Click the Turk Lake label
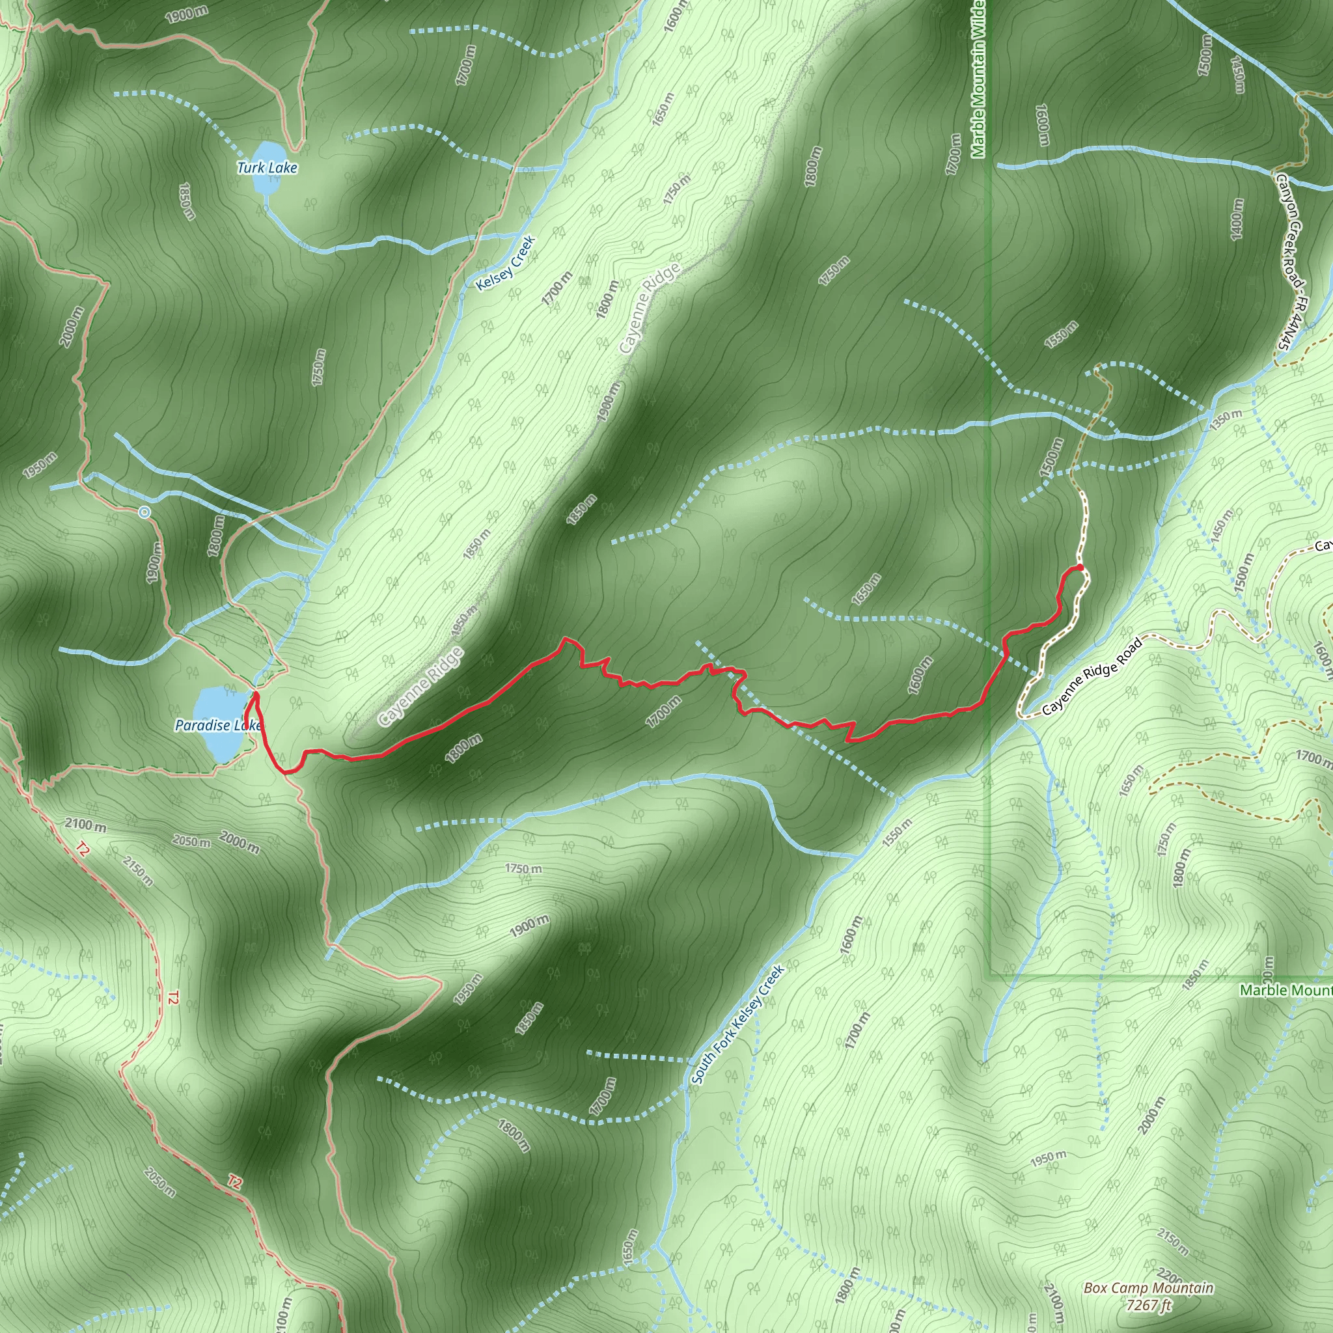click(267, 168)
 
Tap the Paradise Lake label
click(217, 725)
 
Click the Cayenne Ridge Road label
click(1092, 676)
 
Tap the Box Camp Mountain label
click(1148, 1287)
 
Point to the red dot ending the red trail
click(1080, 568)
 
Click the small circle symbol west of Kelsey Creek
click(144, 512)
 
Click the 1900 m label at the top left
click(186, 14)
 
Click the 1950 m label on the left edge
click(39, 466)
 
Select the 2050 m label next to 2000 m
click(192, 842)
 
